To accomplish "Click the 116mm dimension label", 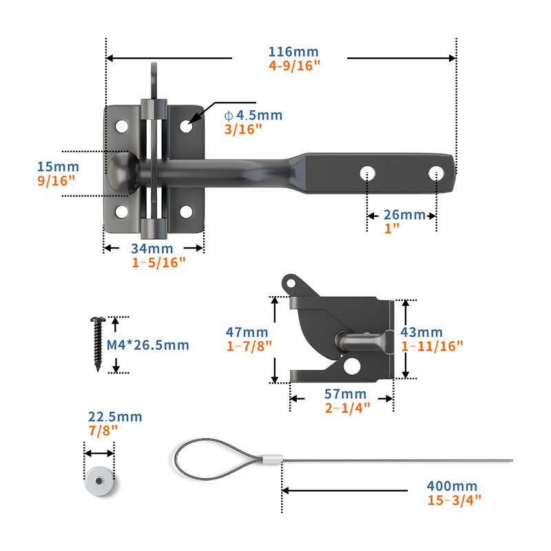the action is click(293, 52).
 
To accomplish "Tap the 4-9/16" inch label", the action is click(295, 65).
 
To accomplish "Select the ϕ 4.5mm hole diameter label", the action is click(253, 115).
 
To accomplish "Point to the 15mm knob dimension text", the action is click(58, 167).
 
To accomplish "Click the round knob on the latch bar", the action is click(123, 173).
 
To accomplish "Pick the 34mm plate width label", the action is click(152, 249).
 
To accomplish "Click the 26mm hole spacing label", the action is click(404, 215).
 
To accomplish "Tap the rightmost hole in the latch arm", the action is click(436, 174).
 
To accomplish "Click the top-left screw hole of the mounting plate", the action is click(122, 127).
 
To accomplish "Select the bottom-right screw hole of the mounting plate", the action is click(186, 212).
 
